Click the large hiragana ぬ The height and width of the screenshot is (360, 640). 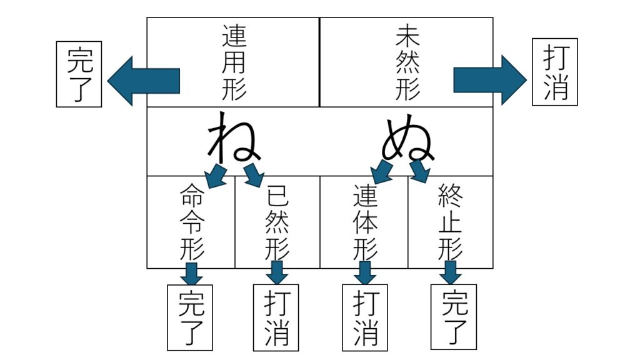(407, 139)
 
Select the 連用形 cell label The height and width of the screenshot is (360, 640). (234, 62)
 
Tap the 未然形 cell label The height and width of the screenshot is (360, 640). (407, 62)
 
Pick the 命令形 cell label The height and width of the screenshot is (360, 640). (192, 222)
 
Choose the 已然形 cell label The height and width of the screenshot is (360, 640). (277, 222)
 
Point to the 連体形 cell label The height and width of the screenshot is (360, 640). (365, 222)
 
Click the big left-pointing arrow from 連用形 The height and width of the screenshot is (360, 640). (143, 81)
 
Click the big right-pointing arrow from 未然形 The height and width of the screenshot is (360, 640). (490, 80)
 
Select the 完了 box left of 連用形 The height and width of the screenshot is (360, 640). (79, 74)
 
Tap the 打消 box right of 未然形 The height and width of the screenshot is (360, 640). (555, 72)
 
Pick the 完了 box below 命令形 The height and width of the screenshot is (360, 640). (190, 317)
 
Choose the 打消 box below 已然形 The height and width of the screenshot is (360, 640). (276, 317)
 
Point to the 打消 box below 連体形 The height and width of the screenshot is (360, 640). (365, 317)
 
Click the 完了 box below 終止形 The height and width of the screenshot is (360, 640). (454, 317)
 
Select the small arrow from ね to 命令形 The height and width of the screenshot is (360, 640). (216, 176)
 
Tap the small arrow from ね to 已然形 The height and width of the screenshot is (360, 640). (254, 176)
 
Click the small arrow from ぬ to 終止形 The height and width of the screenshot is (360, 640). (420, 171)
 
